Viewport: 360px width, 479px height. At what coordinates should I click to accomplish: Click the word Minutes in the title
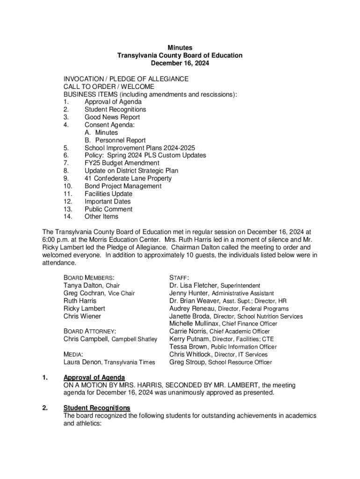pos(180,48)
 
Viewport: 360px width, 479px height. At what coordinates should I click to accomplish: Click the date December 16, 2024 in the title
pos(180,63)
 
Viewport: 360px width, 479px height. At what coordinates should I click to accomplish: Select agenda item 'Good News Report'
pos(112,117)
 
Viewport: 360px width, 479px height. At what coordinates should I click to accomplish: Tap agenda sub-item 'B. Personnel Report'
pos(115,140)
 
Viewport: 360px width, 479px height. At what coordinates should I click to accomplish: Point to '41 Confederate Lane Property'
pos(128,178)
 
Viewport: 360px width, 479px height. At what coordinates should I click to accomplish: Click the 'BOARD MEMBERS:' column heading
pos(89,278)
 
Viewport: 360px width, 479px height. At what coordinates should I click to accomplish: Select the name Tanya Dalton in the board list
pos(84,285)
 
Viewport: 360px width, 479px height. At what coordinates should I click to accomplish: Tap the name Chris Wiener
pos(82,316)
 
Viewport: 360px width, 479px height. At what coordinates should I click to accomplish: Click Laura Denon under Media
pos(82,362)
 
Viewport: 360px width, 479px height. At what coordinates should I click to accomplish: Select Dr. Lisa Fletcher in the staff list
pos(194,285)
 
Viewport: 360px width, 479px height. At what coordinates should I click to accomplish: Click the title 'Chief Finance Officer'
pos(249,324)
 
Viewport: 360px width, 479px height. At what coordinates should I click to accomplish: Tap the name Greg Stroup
pos(187,362)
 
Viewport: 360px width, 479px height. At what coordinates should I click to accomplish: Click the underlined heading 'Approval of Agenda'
pos(94,377)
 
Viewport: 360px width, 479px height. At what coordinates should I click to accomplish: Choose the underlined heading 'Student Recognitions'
pos(97,408)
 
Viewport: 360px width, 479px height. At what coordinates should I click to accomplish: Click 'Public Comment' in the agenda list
pos(108,209)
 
